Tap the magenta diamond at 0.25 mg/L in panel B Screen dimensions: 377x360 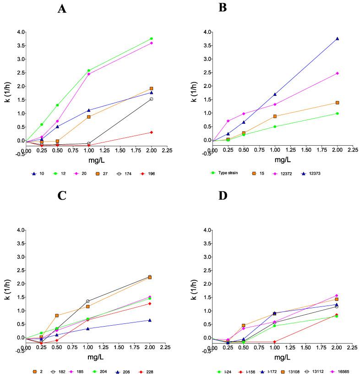pyautogui.click(x=228, y=121)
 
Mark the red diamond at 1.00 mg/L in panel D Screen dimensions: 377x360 pyautogui.click(x=275, y=342)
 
